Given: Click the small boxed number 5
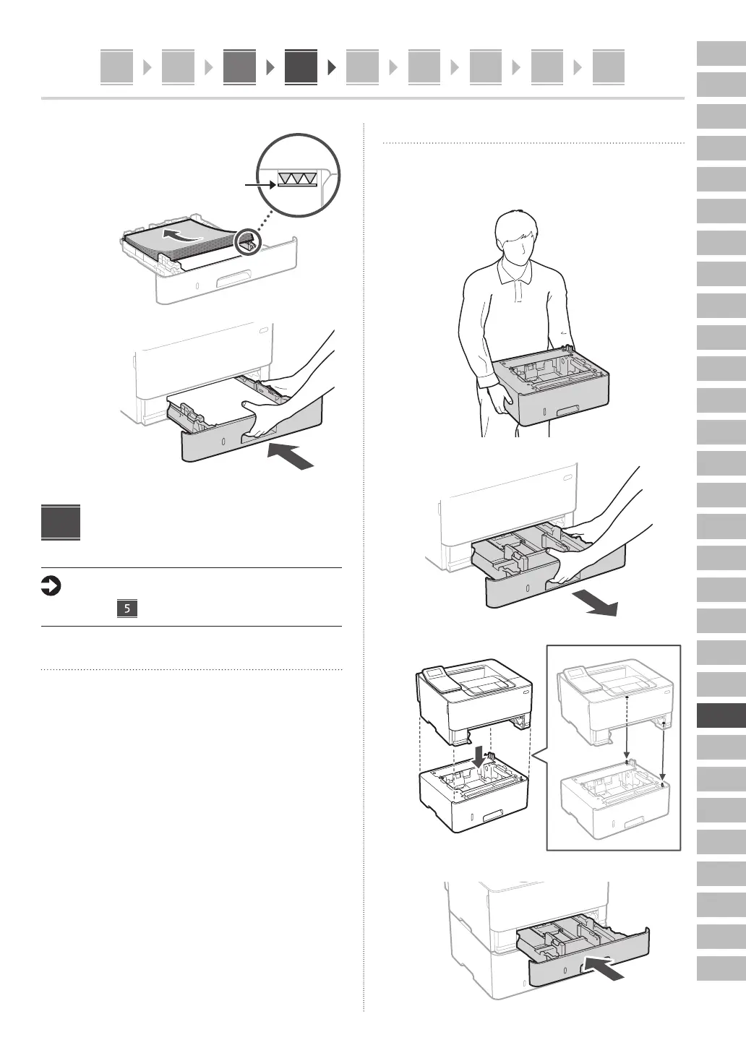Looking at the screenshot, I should point(127,609).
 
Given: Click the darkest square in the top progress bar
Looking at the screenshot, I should point(301,67).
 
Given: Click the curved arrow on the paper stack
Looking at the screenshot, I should point(181,235).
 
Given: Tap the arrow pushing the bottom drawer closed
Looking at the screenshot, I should point(603,968).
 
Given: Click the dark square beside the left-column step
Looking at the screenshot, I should point(61,522).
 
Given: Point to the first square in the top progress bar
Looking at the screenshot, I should point(116,67).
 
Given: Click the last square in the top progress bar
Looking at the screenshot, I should point(608,67).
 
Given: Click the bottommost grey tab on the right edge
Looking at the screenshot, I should point(721,968).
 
